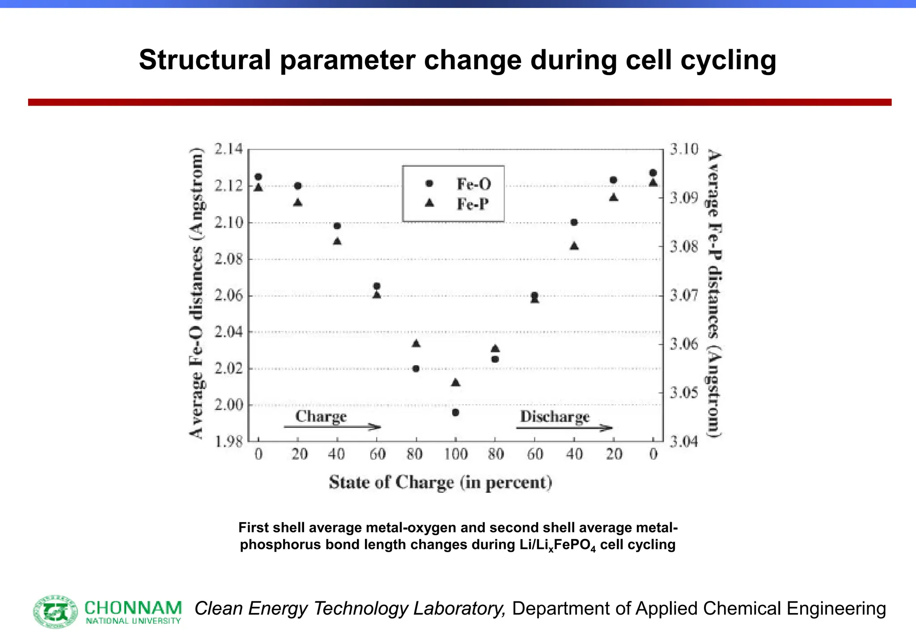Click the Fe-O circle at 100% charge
coord(455,413)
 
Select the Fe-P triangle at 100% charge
coord(455,383)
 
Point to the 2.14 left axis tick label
coord(228,149)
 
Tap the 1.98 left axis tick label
coord(228,442)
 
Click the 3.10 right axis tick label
coord(683,149)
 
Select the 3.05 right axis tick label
coord(683,393)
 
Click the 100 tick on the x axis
coord(455,455)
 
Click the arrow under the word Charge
coord(332,427)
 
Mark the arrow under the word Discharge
coord(564,428)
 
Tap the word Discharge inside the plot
coord(555,416)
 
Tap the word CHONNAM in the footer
coord(133,608)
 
